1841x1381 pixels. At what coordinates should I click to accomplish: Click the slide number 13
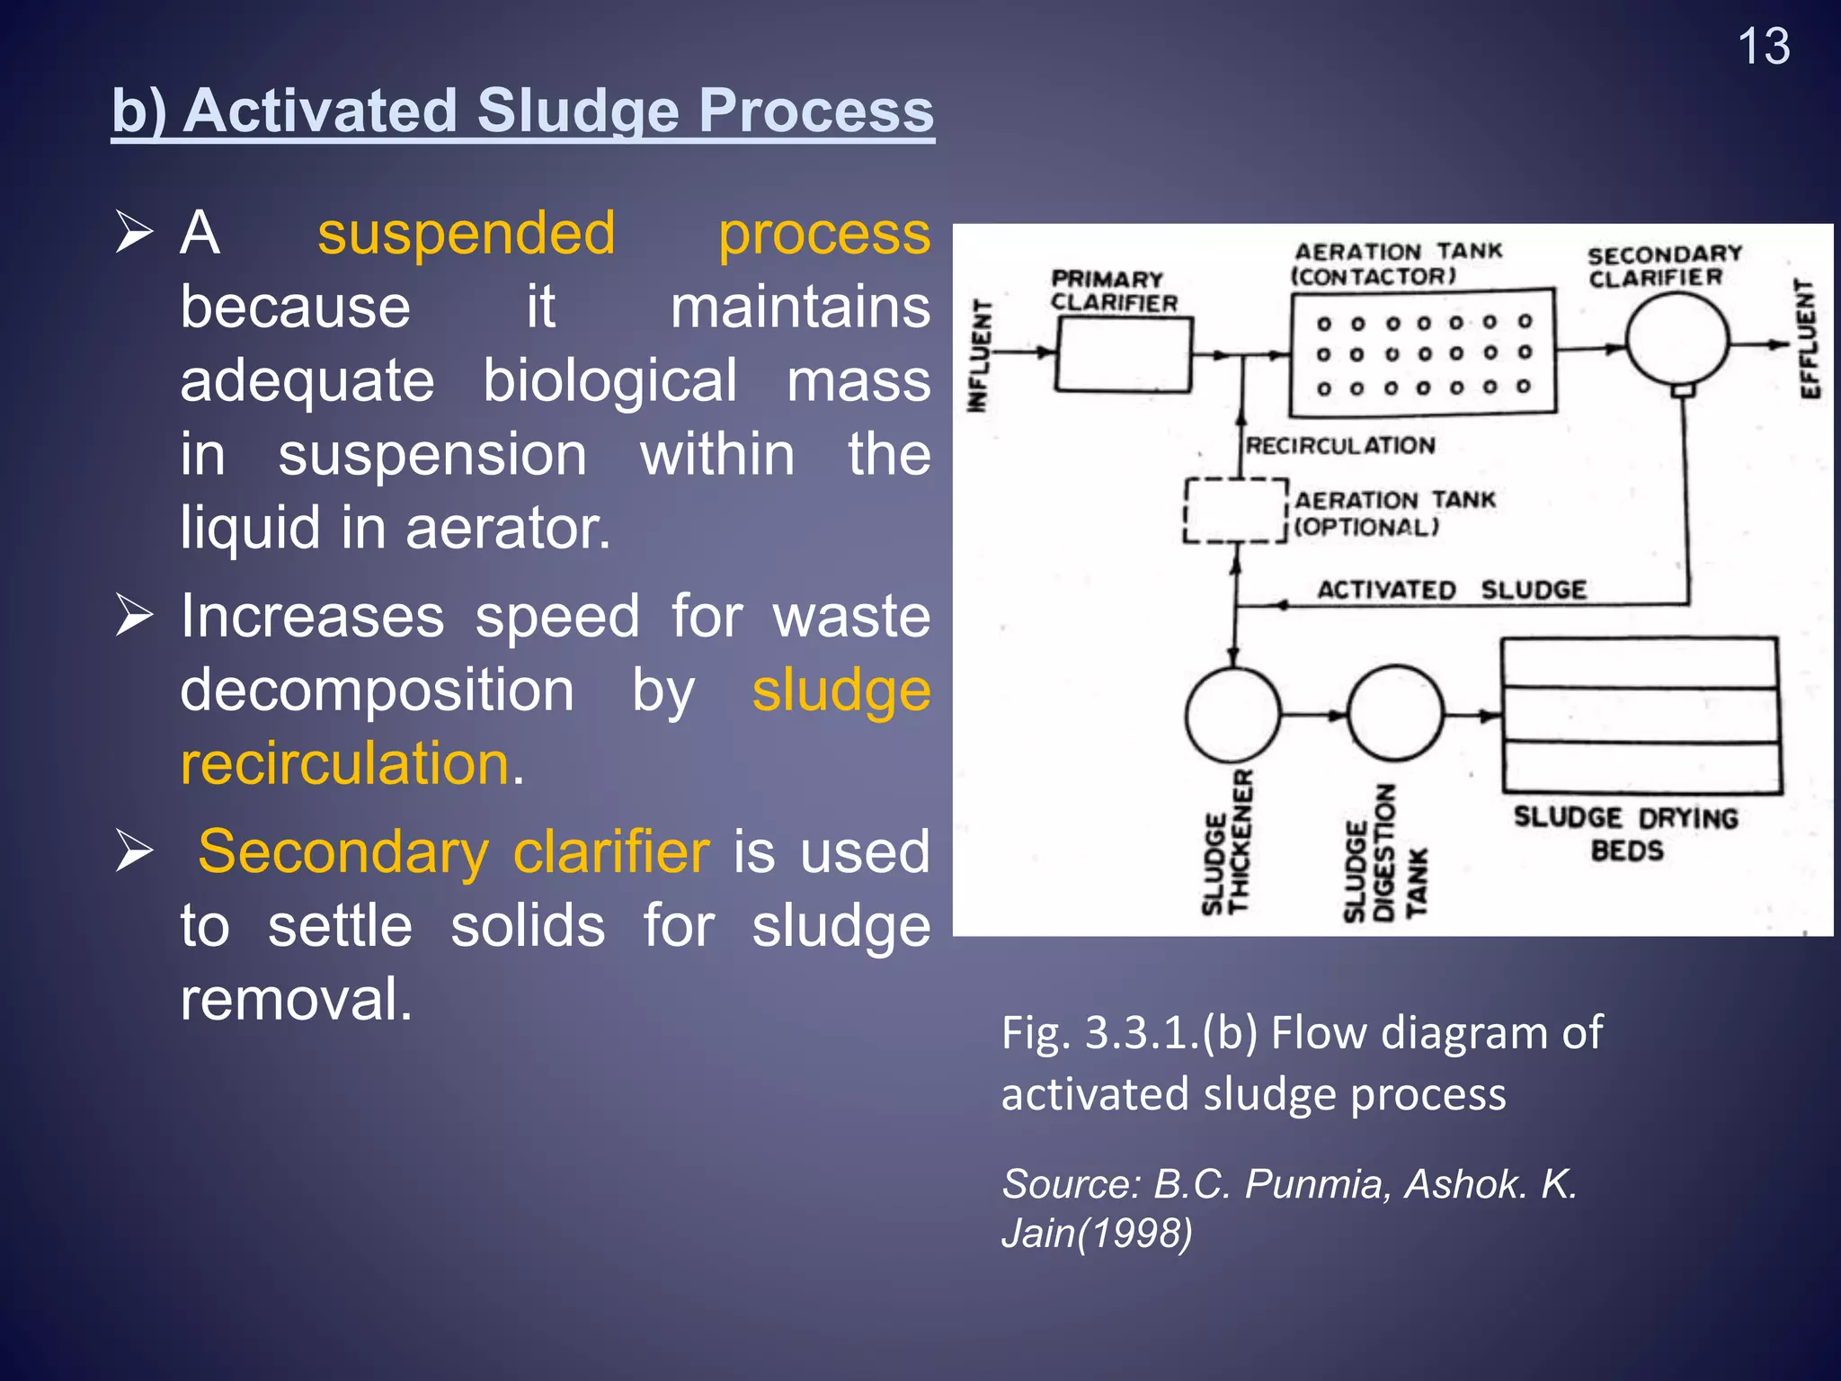tap(1763, 47)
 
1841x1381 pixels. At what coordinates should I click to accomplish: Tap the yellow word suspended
tap(466, 234)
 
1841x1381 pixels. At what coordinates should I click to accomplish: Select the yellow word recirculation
tap(345, 764)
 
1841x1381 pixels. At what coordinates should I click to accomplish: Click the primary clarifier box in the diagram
tap(1124, 355)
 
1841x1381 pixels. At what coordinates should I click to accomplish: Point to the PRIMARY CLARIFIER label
tap(1113, 290)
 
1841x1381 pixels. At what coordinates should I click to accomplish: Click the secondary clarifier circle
tap(1676, 343)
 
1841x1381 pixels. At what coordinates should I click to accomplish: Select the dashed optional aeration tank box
tap(1235, 511)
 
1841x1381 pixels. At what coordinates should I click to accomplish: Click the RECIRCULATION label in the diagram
tap(1339, 445)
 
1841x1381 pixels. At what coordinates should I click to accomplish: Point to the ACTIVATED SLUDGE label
tap(1451, 590)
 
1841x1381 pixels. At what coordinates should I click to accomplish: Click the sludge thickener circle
tap(1232, 715)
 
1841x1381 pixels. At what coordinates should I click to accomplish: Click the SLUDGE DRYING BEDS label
tap(1625, 833)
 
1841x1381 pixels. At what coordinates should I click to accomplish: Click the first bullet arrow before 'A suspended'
tap(135, 234)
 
